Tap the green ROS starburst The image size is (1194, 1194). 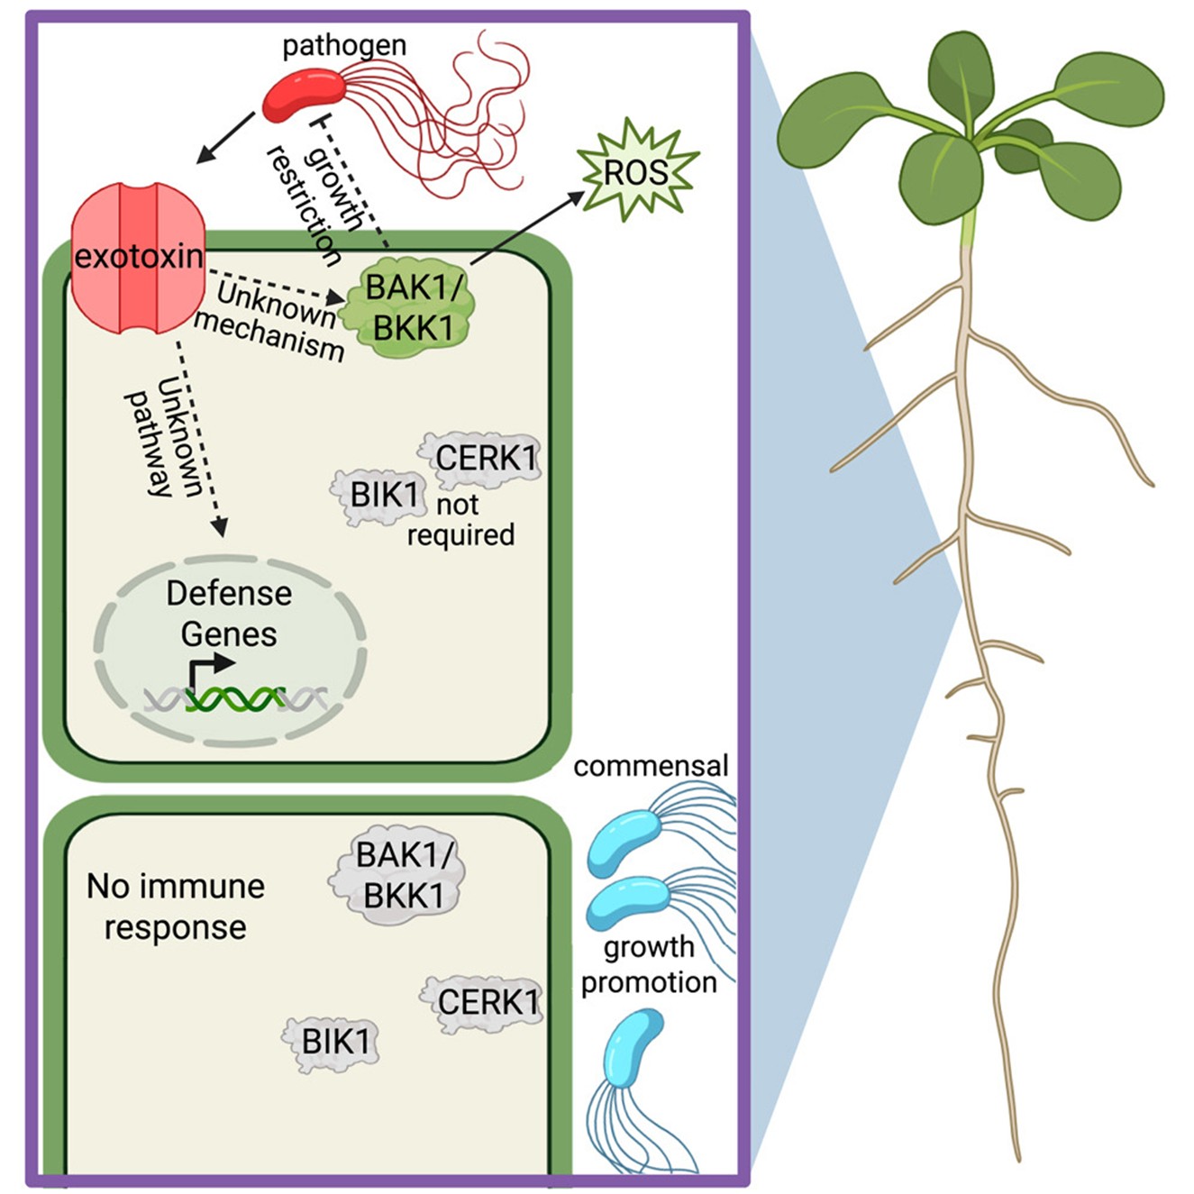click(x=637, y=171)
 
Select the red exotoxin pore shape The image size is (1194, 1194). click(x=139, y=258)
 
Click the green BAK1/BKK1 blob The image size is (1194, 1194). click(x=414, y=308)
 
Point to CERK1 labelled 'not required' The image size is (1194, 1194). click(x=483, y=458)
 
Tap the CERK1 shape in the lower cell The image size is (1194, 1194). click(x=485, y=1001)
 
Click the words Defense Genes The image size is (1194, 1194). click(x=229, y=614)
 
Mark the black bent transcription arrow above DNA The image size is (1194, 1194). click(x=206, y=671)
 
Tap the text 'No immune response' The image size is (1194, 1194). click(x=175, y=907)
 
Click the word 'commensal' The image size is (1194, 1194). click(x=651, y=766)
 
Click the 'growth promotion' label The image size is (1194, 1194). click(x=649, y=964)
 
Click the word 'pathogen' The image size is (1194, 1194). click(x=344, y=45)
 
